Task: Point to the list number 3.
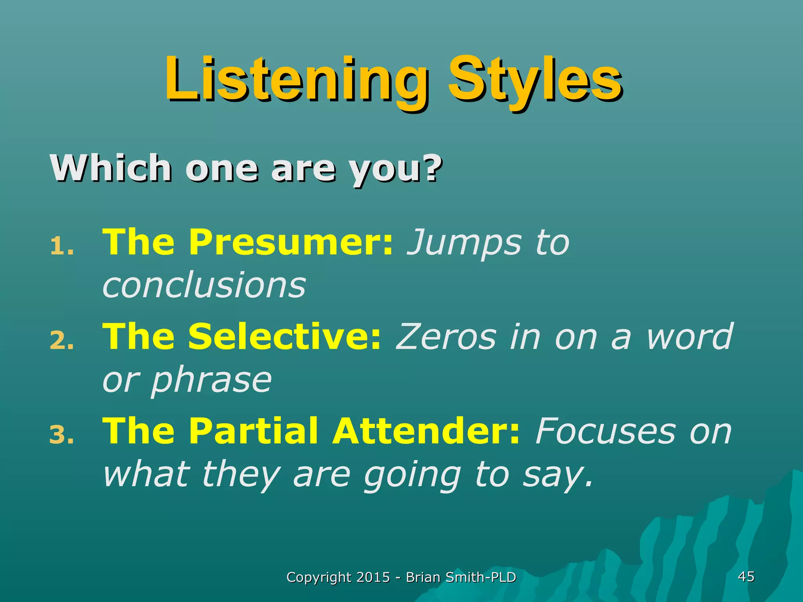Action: tap(61, 436)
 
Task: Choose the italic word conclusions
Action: tap(204, 285)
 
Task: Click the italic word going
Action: tap(412, 475)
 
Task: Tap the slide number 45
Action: tap(746, 577)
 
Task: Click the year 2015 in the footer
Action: tap(373, 577)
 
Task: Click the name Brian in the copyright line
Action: tap(423, 577)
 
